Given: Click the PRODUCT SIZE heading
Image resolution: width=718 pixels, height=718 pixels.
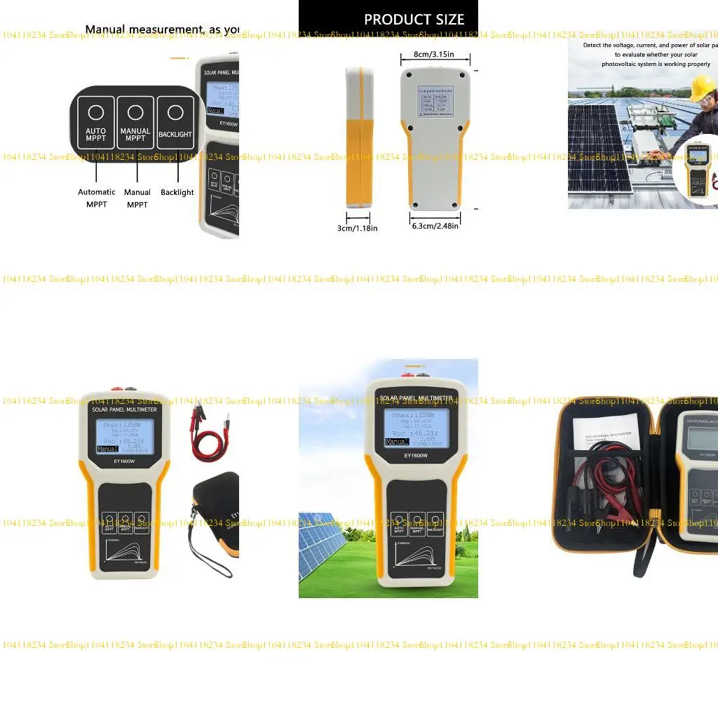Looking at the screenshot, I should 414,20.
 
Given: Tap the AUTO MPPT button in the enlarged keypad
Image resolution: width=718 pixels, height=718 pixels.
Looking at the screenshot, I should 96,123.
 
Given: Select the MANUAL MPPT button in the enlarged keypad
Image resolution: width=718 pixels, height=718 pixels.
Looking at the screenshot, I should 135,123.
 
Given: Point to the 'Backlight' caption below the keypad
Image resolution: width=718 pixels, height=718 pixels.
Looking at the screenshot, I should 177,192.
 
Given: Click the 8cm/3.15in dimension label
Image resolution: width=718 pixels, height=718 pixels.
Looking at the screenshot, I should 435,54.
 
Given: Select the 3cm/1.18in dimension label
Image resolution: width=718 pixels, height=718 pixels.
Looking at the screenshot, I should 358,228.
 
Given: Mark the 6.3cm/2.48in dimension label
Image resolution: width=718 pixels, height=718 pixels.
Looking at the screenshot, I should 435,226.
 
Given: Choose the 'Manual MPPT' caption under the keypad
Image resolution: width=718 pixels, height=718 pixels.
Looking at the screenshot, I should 137,198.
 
